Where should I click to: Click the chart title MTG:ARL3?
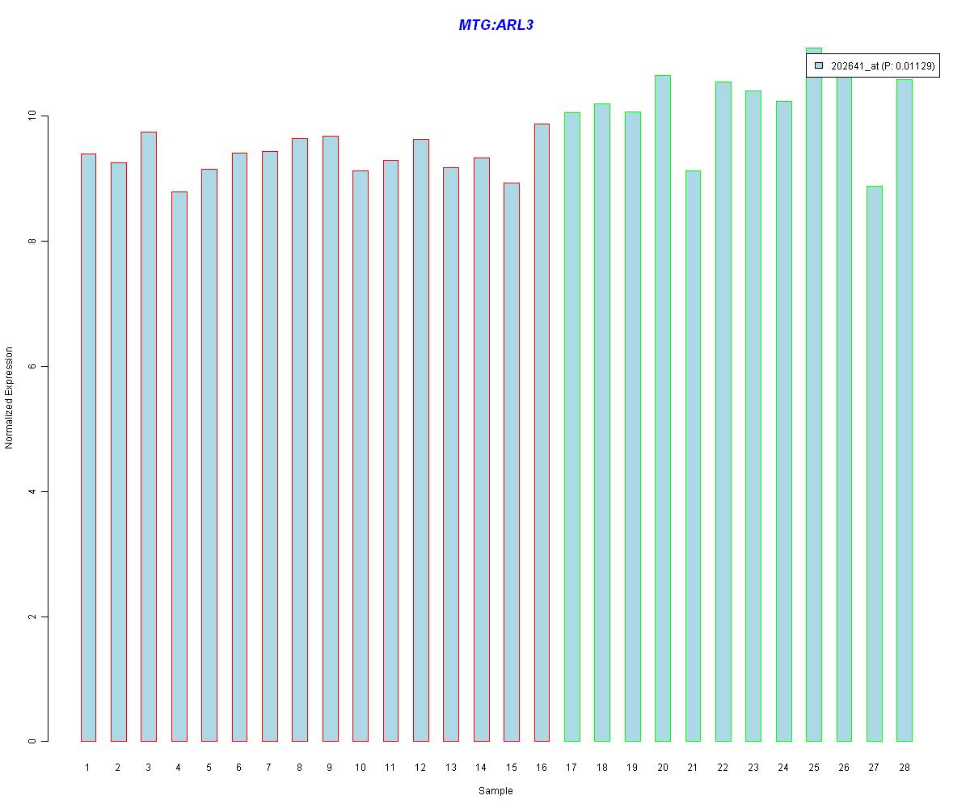pyautogui.click(x=496, y=25)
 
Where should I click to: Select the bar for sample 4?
pyautogui.click(x=179, y=466)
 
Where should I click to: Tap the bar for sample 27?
pyautogui.click(x=874, y=464)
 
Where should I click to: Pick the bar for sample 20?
pyautogui.click(x=662, y=408)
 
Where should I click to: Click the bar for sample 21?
pyautogui.click(x=693, y=456)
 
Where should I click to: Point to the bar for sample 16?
pyautogui.click(x=542, y=432)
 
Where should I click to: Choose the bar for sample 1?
pyautogui.click(x=88, y=447)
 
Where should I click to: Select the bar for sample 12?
pyautogui.click(x=420, y=440)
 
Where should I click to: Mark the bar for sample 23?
pyautogui.click(x=753, y=416)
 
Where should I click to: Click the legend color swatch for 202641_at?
pyautogui.click(x=819, y=66)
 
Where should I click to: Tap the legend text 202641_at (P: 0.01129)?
pyautogui.click(x=883, y=66)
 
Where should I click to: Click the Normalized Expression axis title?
pyautogui.click(x=10, y=398)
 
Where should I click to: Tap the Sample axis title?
pyautogui.click(x=496, y=791)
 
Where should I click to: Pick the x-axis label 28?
pyautogui.click(x=904, y=768)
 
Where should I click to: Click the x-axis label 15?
pyautogui.click(x=511, y=768)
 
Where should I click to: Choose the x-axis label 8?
pyautogui.click(x=299, y=768)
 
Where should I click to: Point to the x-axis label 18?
pyautogui.click(x=601, y=768)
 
